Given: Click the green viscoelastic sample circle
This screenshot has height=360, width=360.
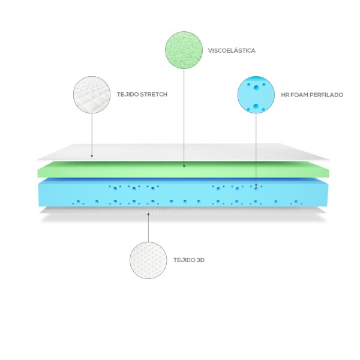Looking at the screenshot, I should pyautogui.click(x=183, y=50).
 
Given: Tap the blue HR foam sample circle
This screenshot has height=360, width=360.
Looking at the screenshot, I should pyautogui.click(x=256, y=95).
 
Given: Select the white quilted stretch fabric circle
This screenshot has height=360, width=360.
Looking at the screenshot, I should pyautogui.click(x=91, y=95).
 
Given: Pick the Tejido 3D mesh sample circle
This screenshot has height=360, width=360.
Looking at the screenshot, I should pyautogui.click(x=148, y=260).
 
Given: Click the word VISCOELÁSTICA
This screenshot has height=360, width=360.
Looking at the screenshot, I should pyautogui.click(x=231, y=51).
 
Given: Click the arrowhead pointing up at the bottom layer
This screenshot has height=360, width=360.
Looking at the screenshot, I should pyautogui.click(x=148, y=214).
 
